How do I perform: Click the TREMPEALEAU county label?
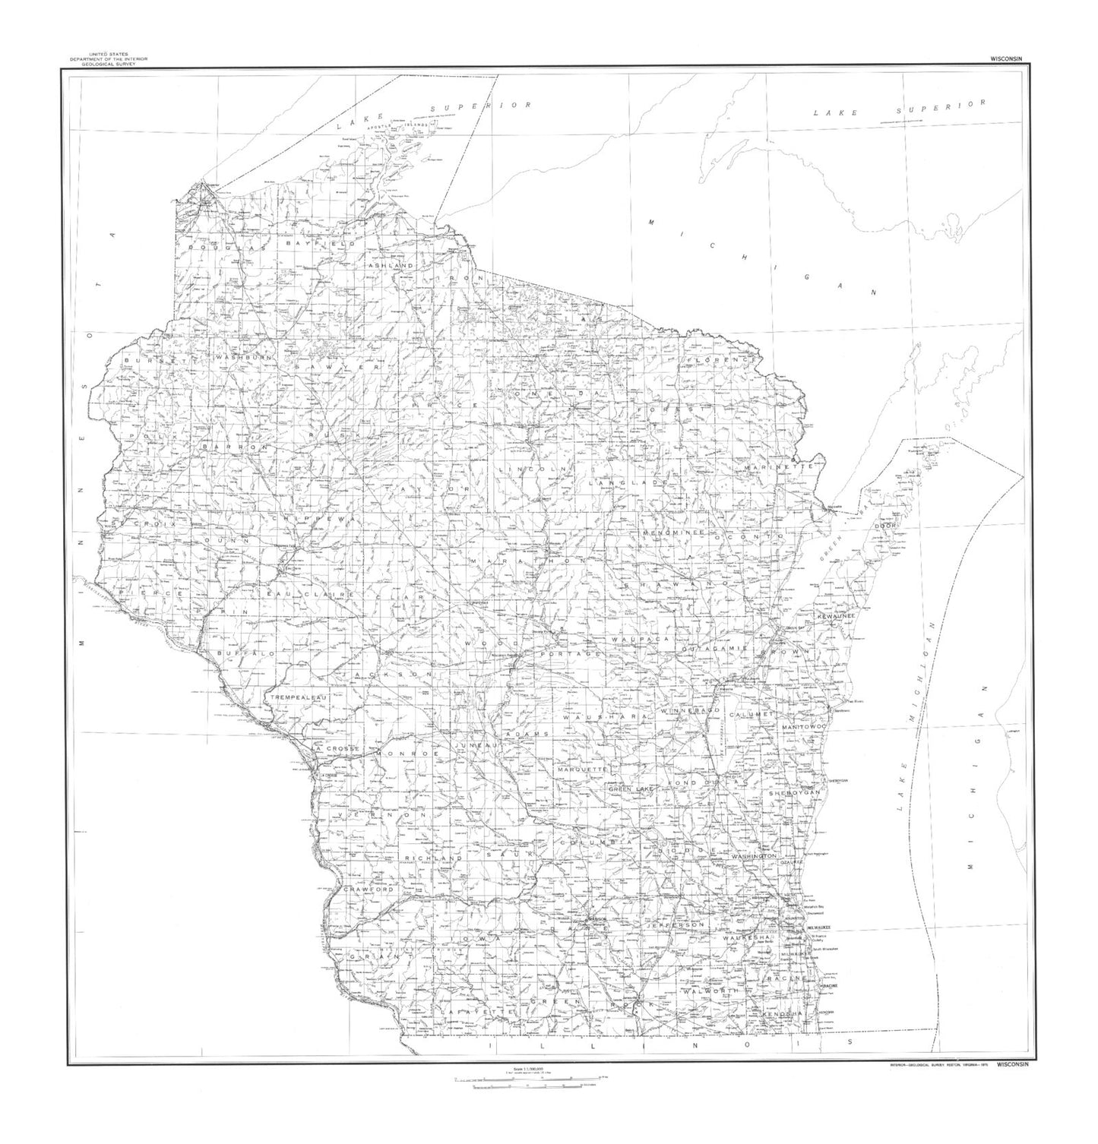tap(296, 697)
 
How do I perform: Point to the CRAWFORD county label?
tap(368, 890)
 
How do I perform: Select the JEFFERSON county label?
tap(676, 925)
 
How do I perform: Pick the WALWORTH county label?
tap(711, 992)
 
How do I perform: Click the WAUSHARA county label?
tap(604, 716)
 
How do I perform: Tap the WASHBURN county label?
tap(238, 356)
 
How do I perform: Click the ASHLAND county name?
tap(391, 266)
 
